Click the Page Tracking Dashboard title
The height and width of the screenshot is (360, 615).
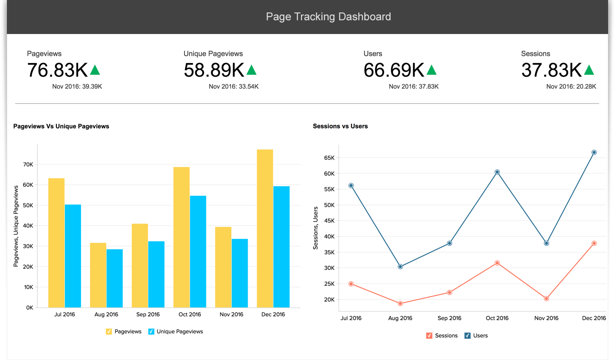coord(328,17)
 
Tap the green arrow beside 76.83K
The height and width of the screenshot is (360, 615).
coord(95,70)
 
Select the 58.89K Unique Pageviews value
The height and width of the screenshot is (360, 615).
coord(214,70)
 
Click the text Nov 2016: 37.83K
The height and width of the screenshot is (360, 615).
coord(413,86)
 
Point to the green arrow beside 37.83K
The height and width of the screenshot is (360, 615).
coord(589,70)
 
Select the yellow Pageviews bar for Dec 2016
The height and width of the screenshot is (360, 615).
coord(265,228)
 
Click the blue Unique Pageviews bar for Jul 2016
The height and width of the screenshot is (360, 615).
coord(73,256)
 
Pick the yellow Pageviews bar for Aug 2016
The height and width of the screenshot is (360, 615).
coord(98,275)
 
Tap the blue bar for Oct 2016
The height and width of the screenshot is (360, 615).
coord(198,251)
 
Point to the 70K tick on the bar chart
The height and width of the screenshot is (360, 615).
coord(28,164)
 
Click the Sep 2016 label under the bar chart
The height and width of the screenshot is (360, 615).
coord(148,314)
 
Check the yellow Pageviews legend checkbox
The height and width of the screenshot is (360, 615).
coord(109,331)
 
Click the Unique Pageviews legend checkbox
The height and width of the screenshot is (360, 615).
coord(151,331)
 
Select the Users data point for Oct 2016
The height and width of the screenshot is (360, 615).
coord(497,172)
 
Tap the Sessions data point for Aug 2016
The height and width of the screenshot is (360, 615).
coord(400,304)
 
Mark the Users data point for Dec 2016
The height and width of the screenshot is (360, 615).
coord(594,152)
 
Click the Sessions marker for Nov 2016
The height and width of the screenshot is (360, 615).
coord(546,298)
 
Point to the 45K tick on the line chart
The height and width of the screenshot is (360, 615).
coord(329,221)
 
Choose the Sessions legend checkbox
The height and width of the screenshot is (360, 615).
coord(429,335)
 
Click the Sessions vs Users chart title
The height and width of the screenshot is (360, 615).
coord(340,126)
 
